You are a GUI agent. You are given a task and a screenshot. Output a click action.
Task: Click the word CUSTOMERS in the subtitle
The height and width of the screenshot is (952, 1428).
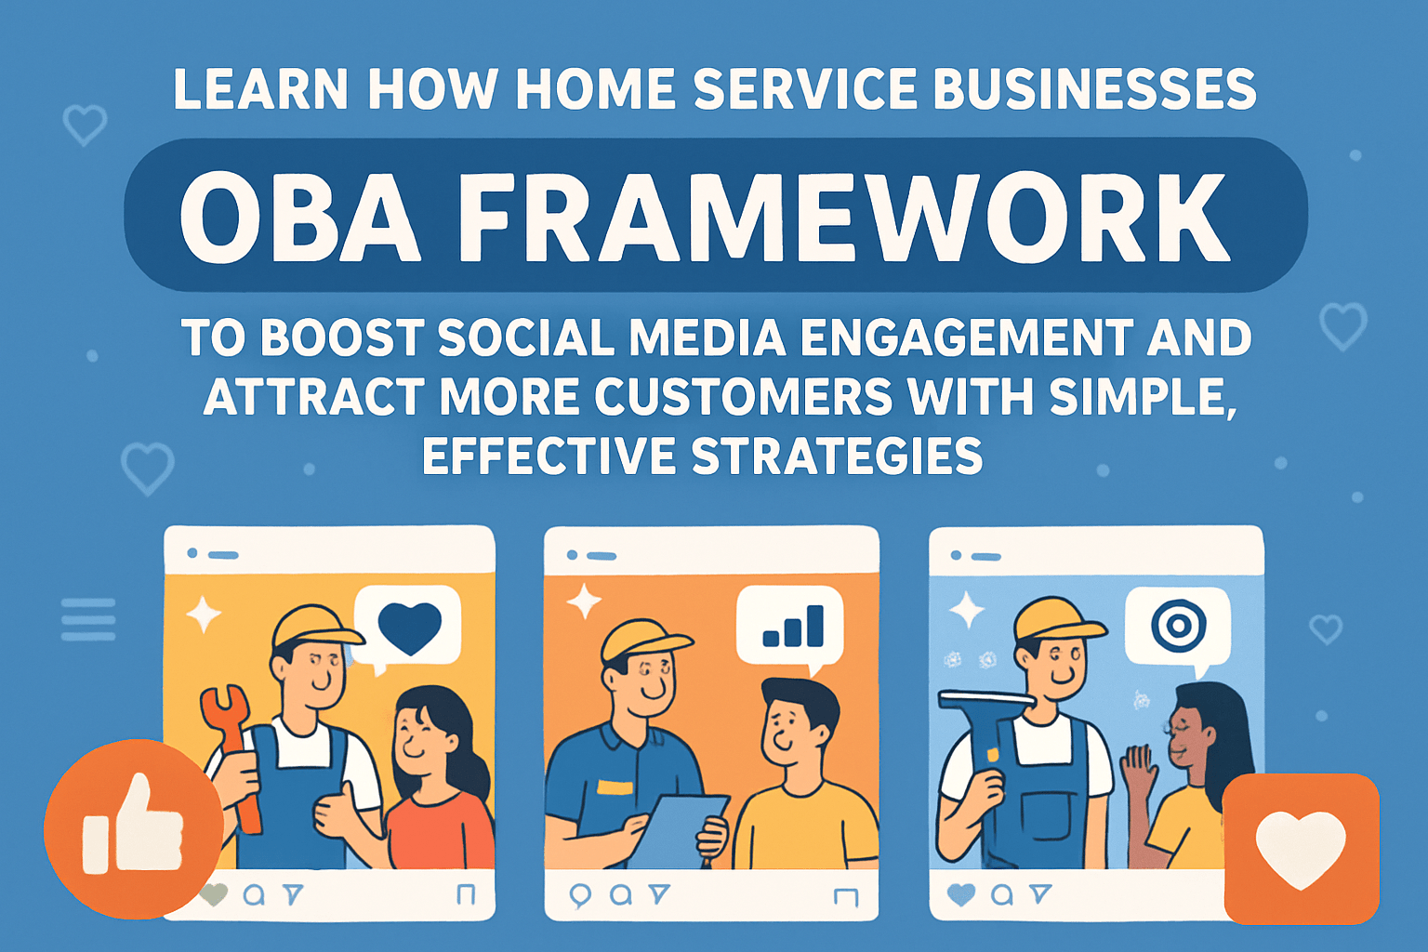[x=744, y=397]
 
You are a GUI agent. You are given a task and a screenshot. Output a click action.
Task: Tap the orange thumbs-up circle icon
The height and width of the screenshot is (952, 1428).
[x=133, y=828]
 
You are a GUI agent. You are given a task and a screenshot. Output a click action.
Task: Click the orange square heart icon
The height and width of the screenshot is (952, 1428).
[x=1301, y=848]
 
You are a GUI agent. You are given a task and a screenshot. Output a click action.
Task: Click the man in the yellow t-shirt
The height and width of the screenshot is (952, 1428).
[x=800, y=790]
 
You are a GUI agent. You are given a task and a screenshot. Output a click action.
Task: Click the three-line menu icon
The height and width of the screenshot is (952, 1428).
[x=88, y=619]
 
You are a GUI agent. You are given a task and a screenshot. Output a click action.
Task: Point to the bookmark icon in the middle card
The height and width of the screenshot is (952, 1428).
[x=846, y=896]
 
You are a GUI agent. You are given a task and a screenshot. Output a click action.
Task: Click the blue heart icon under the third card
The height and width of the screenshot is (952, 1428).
[x=960, y=894]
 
